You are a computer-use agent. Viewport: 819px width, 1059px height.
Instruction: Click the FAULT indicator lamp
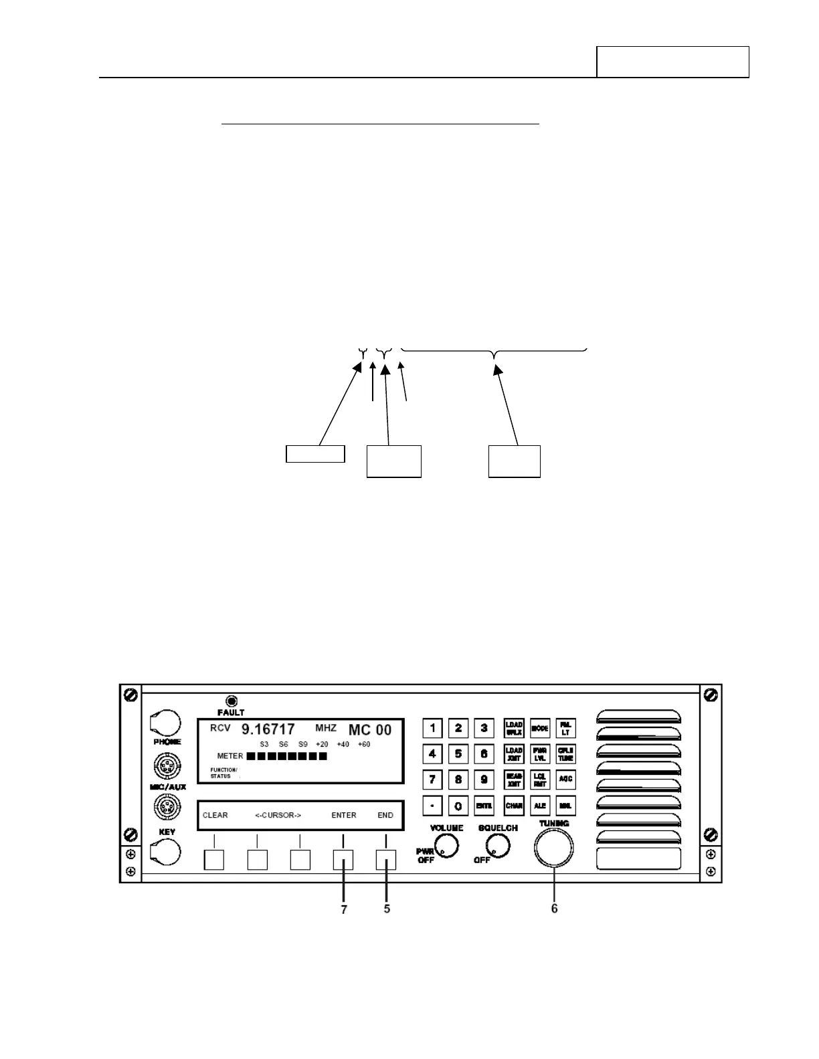(232, 701)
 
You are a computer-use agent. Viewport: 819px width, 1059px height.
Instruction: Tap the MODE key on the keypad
(540, 728)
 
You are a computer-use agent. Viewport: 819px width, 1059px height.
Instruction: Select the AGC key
(565, 779)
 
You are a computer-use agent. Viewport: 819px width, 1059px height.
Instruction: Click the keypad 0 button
(458, 806)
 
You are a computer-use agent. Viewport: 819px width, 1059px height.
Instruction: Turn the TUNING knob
(554, 847)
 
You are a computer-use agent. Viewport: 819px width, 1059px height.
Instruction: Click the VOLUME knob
(446, 847)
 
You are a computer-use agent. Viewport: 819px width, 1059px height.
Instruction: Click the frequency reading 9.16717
(268, 729)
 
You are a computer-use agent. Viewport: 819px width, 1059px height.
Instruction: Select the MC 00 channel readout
(369, 729)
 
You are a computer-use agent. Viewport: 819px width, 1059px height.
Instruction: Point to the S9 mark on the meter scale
(303, 744)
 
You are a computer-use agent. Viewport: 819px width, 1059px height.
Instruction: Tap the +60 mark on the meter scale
(364, 744)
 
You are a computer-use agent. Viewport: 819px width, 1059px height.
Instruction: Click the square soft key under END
(385, 859)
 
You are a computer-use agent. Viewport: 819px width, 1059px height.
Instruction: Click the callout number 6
(555, 909)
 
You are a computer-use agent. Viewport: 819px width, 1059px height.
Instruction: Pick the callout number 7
(344, 910)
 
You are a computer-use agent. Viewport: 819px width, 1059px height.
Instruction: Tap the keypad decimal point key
(433, 806)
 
